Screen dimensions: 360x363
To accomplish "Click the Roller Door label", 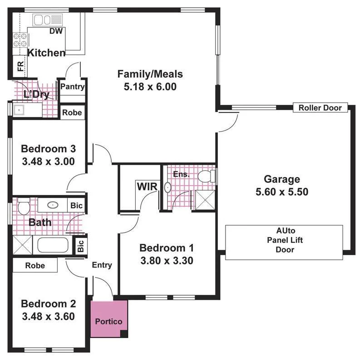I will pyautogui.click(x=323, y=108).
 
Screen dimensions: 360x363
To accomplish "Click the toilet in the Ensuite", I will pyautogui.click(x=206, y=176).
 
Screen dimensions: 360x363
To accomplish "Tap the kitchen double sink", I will pyautogui.click(x=44, y=19).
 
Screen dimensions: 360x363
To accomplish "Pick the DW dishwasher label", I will pyautogui.click(x=56, y=31).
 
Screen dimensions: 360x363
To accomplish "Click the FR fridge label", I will pyautogui.click(x=20, y=67).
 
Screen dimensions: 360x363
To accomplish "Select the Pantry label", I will pyautogui.click(x=73, y=87).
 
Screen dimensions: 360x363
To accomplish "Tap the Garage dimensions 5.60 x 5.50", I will pyautogui.click(x=282, y=192).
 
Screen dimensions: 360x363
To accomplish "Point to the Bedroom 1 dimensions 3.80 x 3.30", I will pyautogui.click(x=167, y=261).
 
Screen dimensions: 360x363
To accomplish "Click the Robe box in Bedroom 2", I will pyautogui.click(x=35, y=265).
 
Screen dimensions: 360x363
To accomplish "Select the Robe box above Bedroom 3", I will pyautogui.click(x=72, y=112).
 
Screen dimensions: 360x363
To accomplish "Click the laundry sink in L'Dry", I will pyautogui.click(x=20, y=109).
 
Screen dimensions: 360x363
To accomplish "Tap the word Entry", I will pyautogui.click(x=102, y=265).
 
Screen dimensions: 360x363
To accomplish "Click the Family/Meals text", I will pyautogui.click(x=150, y=74).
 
